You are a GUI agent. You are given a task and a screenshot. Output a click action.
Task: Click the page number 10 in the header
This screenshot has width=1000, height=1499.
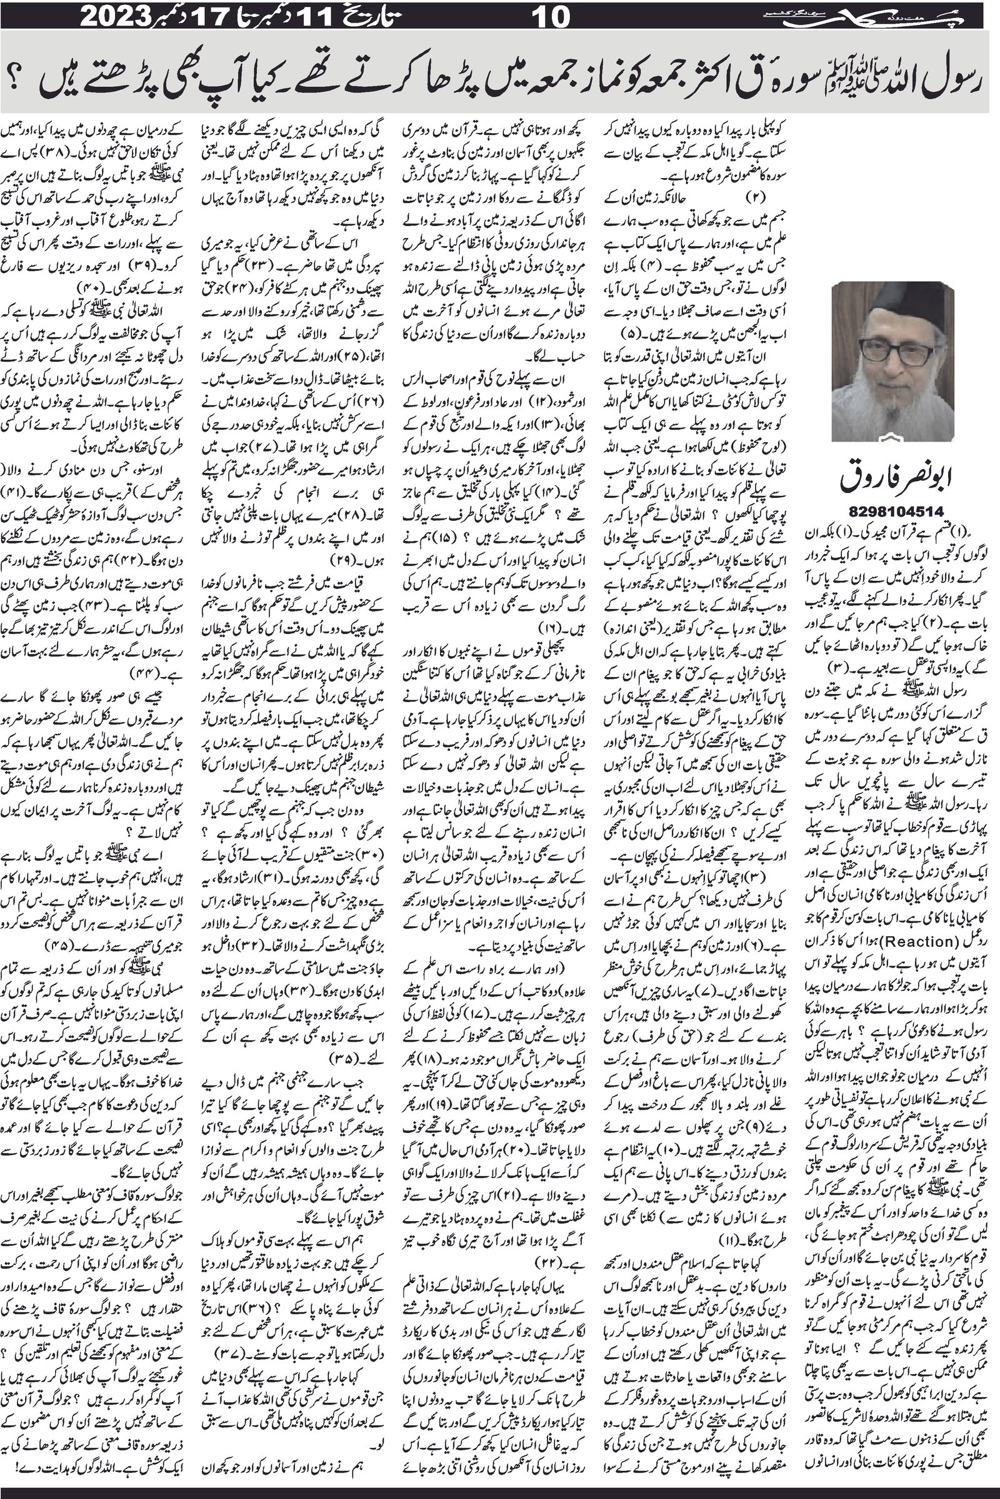[550, 16]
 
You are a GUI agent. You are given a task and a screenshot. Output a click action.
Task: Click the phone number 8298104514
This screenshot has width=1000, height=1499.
[893, 510]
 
